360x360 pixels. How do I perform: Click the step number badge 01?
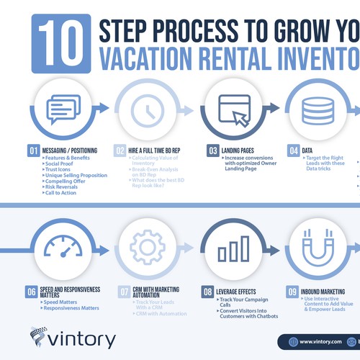click(x=33, y=151)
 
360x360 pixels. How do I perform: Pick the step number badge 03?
click(x=213, y=151)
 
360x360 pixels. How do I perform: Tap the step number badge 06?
click(x=32, y=292)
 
